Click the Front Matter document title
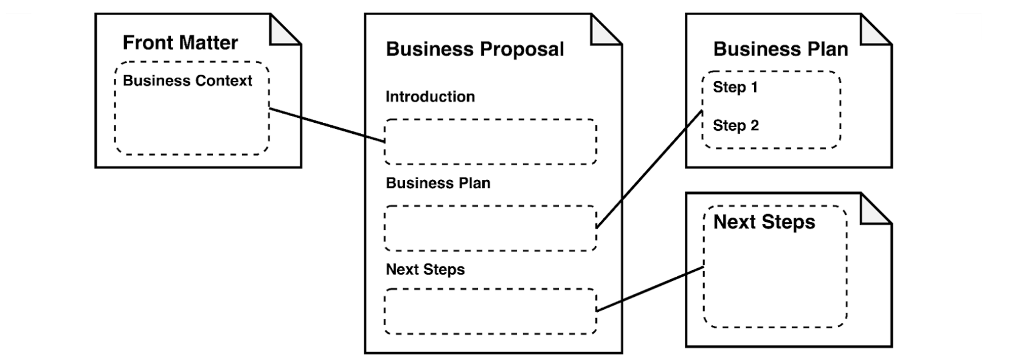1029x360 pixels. click(x=180, y=43)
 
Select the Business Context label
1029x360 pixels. click(x=187, y=81)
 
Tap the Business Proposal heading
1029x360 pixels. click(x=474, y=49)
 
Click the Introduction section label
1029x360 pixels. click(x=430, y=97)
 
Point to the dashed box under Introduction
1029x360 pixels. click(x=490, y=142)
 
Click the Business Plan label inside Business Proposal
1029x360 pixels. click(x=438, y=183)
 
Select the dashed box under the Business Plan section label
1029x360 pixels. click(x=490, y=228)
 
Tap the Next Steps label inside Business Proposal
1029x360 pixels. click(x=425, y=269)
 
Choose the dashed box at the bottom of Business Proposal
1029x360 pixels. click(x=490, y=311)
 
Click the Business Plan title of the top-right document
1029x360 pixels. click(x=780, y=49)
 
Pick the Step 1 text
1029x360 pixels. click(x=735, y=87)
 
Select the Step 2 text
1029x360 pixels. click(x=735, y=126)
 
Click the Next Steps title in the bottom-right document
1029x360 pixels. click(x=764, y=222)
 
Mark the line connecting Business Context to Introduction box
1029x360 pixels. click(x=327, y=125)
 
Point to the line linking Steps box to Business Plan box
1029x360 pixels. click(x=650, y=170)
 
